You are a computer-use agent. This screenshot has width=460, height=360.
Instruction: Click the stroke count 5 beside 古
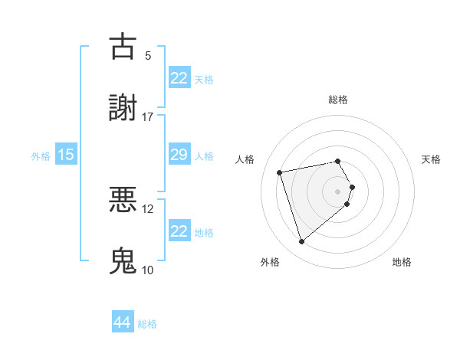pyautogui.click(x=148, y=56)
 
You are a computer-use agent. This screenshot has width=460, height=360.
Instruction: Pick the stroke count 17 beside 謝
pyautogui.click(x=148, y=116)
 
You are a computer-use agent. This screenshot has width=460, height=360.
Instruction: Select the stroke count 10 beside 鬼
pyautogui.click(x=148, y=270)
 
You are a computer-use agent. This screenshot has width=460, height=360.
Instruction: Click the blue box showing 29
pyautogui.click(x=179, y=155)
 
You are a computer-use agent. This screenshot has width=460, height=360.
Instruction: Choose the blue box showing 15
pyautogui.click(x=66, y=155)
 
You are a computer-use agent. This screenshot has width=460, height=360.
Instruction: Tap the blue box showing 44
pyautogui.click(x=123, y=322)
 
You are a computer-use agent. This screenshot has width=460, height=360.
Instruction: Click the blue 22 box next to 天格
pyautogui.click(x=179, y=77)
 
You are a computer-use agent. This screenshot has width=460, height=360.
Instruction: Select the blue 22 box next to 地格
pyautogui.click(x=179, y=231)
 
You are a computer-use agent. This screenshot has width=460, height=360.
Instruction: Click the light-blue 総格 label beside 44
pyautogui.click(x=147, y=324)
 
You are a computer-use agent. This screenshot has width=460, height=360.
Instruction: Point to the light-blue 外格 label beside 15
pyautogui.click(x=41, y=156)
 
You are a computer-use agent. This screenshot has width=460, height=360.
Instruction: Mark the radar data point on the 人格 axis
pyautogui.click(x=280, y=172)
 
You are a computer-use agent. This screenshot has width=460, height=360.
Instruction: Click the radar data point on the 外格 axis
pyautogui.click(x=301, y=242)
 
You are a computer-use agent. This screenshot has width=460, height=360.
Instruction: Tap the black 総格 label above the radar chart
pyautogui.click(x=338, y=100)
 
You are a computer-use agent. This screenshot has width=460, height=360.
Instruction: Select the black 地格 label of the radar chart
pyautogui.click(x=402, y=263)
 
